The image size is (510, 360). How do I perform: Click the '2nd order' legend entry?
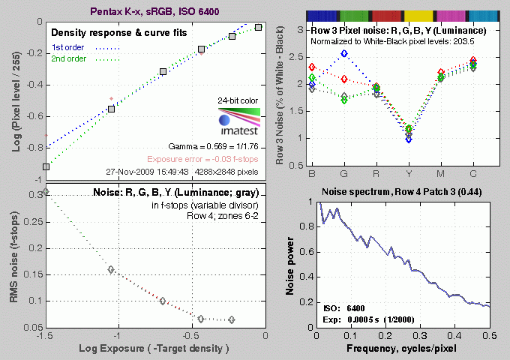70,58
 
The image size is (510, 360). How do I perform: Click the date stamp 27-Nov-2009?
150,171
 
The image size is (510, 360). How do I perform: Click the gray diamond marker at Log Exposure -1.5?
46,192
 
